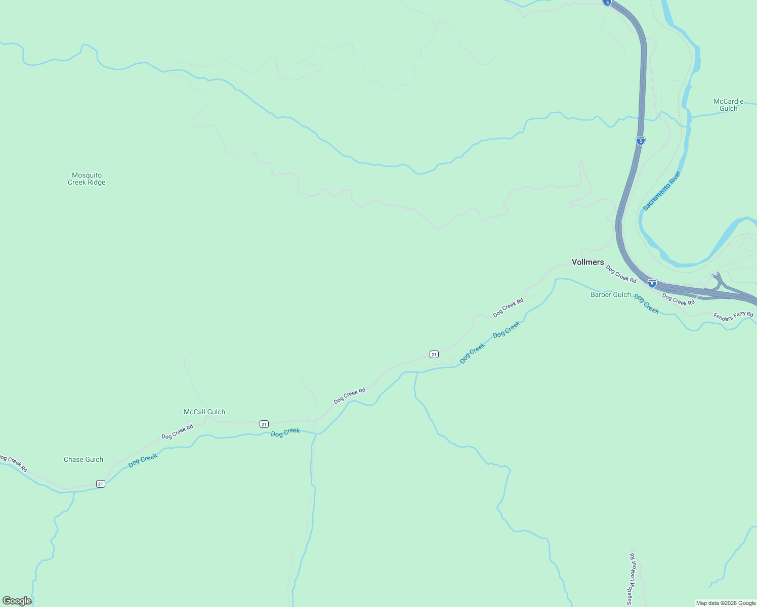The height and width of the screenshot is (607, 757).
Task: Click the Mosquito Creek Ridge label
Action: [87, 179]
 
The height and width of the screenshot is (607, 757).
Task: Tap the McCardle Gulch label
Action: [728, 105]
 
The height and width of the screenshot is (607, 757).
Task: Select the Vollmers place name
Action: [587, 262]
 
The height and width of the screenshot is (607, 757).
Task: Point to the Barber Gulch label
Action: [610, 294]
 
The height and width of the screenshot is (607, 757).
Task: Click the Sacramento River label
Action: [662, 191]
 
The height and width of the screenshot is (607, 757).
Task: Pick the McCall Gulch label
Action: [204, 412]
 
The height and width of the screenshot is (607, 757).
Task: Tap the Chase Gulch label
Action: [83, 459]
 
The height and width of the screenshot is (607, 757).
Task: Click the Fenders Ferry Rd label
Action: [733, 316]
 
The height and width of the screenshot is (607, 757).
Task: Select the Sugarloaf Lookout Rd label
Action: [630, 579]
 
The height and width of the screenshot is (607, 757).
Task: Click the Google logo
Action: [17, 601]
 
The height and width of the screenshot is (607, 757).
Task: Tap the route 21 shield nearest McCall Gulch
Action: [264, 424]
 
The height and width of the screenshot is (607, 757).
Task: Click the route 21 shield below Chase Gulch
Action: [101, 484]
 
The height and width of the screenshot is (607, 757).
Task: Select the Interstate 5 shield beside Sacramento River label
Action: [641, 141]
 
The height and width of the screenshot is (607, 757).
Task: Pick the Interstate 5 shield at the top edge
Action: [607, 3]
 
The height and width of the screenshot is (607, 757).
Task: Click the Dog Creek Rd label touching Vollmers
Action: [621, 274]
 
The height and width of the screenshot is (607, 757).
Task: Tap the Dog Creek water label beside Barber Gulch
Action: [646, 304]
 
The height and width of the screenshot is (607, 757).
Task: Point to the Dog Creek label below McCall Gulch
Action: [285, 432]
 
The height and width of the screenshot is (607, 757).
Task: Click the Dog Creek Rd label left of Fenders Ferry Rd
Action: [678, 300]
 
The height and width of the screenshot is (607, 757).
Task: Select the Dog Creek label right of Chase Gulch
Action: [143, 460]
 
